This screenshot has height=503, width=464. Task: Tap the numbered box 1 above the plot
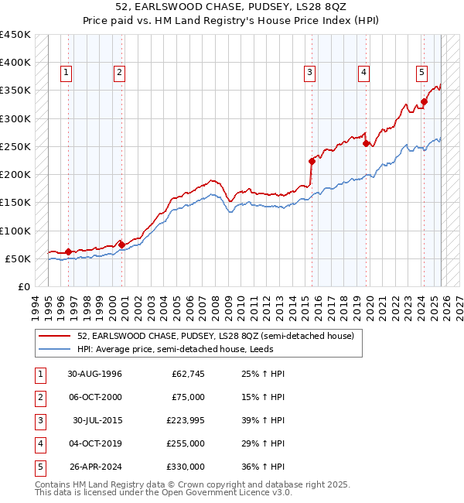coord(67,74)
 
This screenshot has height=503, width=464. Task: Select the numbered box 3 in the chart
coord(309,74)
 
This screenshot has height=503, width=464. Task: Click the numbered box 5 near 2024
coord(421,74)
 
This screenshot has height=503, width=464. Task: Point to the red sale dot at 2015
coord(312,161)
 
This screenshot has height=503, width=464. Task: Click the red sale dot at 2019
coord(366,143)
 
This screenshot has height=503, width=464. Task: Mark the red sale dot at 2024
coord(425,101)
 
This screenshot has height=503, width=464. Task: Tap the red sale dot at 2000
coord(121,245)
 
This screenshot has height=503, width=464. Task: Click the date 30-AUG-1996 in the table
coord(94,375)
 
